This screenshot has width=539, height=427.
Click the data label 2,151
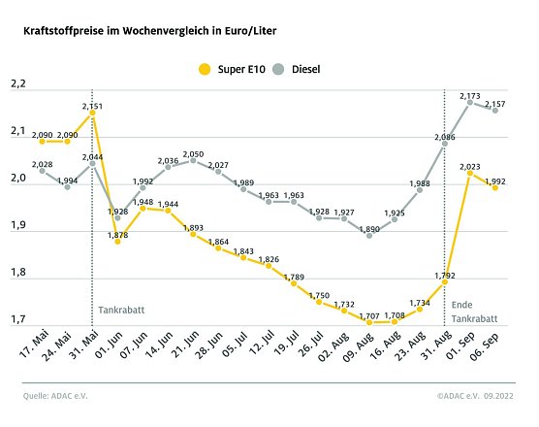tap(93, 105)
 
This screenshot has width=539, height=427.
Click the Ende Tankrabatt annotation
tap(475, 312)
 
